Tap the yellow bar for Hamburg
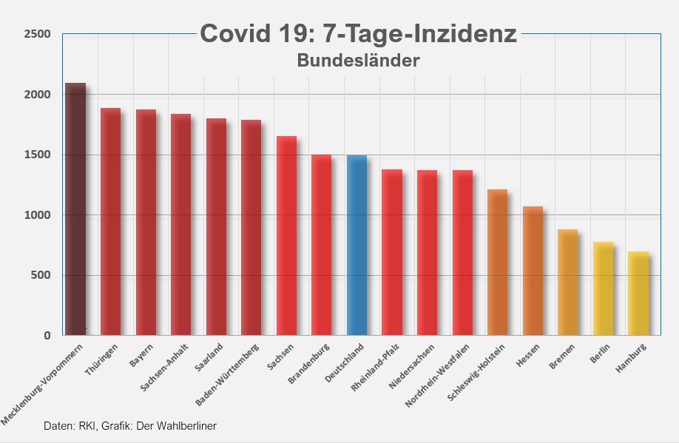(638, 294)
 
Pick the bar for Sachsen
(286, 236)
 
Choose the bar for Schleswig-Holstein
(497, 263)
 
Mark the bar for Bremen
(567, 283)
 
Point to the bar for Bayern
(146, 223)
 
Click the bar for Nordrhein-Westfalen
(462, 253)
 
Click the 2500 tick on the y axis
(37, 34)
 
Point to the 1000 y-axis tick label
(37, 215)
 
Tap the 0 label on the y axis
(47, 336)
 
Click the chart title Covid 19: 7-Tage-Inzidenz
(358, 34)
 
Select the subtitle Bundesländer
(358, 61)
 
